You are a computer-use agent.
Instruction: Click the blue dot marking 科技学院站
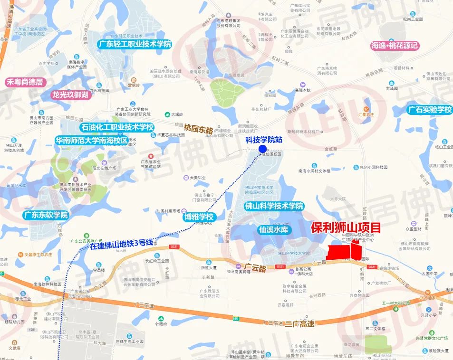(x=262, y=149)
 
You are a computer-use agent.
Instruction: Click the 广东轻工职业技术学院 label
(x=135, y=44)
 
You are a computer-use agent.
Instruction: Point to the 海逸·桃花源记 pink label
(x=394, y=46)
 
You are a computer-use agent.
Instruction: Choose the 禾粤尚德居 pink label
(x=25, y=82)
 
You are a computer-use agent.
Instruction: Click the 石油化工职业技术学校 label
(x=117, y=127)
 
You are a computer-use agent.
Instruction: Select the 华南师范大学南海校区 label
(x=92, y=141)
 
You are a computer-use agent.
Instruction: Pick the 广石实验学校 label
(x=430, y=110)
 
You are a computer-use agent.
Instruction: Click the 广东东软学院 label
(x=46, y=215)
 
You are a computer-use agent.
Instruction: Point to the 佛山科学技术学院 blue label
(x=274, y=206)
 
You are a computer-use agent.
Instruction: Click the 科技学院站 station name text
(x=264, y=140)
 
